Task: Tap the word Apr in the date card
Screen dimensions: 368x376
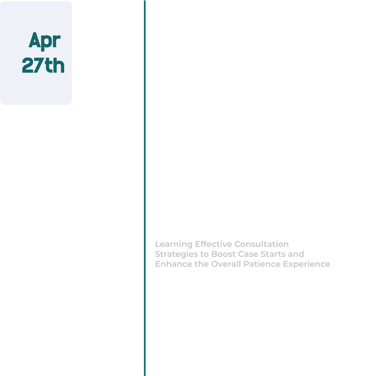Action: [x=44, y=41]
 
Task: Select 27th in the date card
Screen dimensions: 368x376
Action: [x=43, y=65]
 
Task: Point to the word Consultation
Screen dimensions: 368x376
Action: [x=261, y=244]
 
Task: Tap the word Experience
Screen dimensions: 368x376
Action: [x=307, y=264]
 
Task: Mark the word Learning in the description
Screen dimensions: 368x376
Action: [x=174, y=244]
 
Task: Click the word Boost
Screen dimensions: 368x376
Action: [x=223, y=254]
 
